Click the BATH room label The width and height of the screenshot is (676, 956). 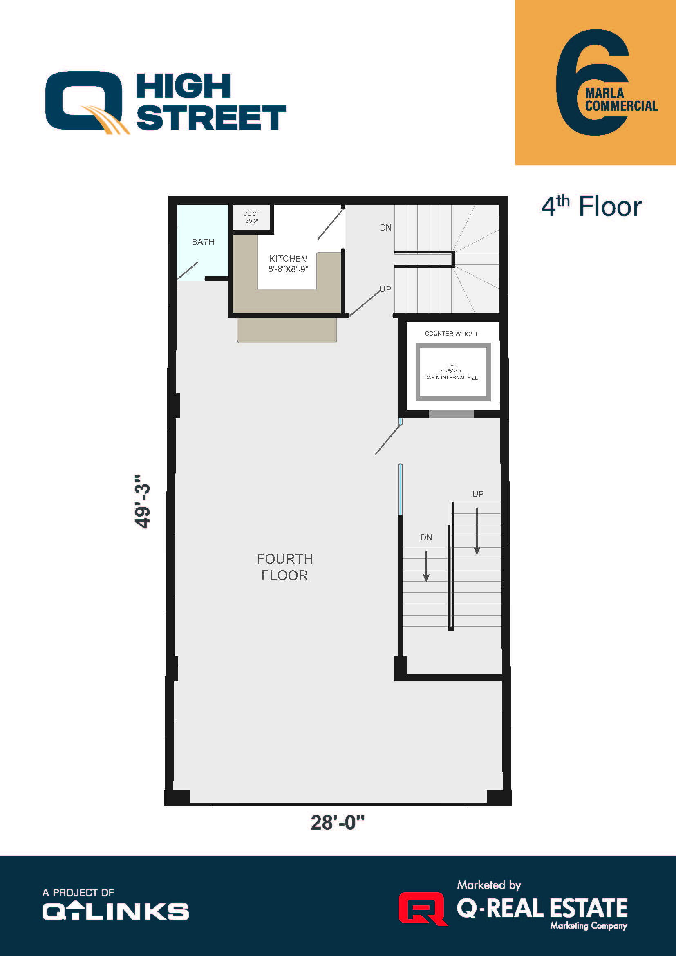(203, 242)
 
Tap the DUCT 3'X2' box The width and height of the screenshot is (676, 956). (251, 217)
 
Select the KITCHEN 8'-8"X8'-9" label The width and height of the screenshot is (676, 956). (288, 264)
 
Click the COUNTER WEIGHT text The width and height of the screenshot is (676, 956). (451, 334)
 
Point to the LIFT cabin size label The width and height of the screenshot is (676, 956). (451, 372)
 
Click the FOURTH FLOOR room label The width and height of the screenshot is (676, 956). (285, 566)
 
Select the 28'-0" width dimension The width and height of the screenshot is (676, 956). (337, 823)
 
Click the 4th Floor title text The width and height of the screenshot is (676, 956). (591, 206)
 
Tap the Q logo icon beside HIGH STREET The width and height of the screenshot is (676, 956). (85, 102)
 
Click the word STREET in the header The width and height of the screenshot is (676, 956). (211, 118)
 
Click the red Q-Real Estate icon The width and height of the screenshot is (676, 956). (422, 908)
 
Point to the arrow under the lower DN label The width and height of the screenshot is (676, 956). (426, 566)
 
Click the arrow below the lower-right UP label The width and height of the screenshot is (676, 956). (477, 531)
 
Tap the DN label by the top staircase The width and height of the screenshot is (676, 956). (385, 228)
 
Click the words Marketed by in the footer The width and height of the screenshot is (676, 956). (489, 884)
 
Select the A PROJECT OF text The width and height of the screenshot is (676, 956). (78, 892)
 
